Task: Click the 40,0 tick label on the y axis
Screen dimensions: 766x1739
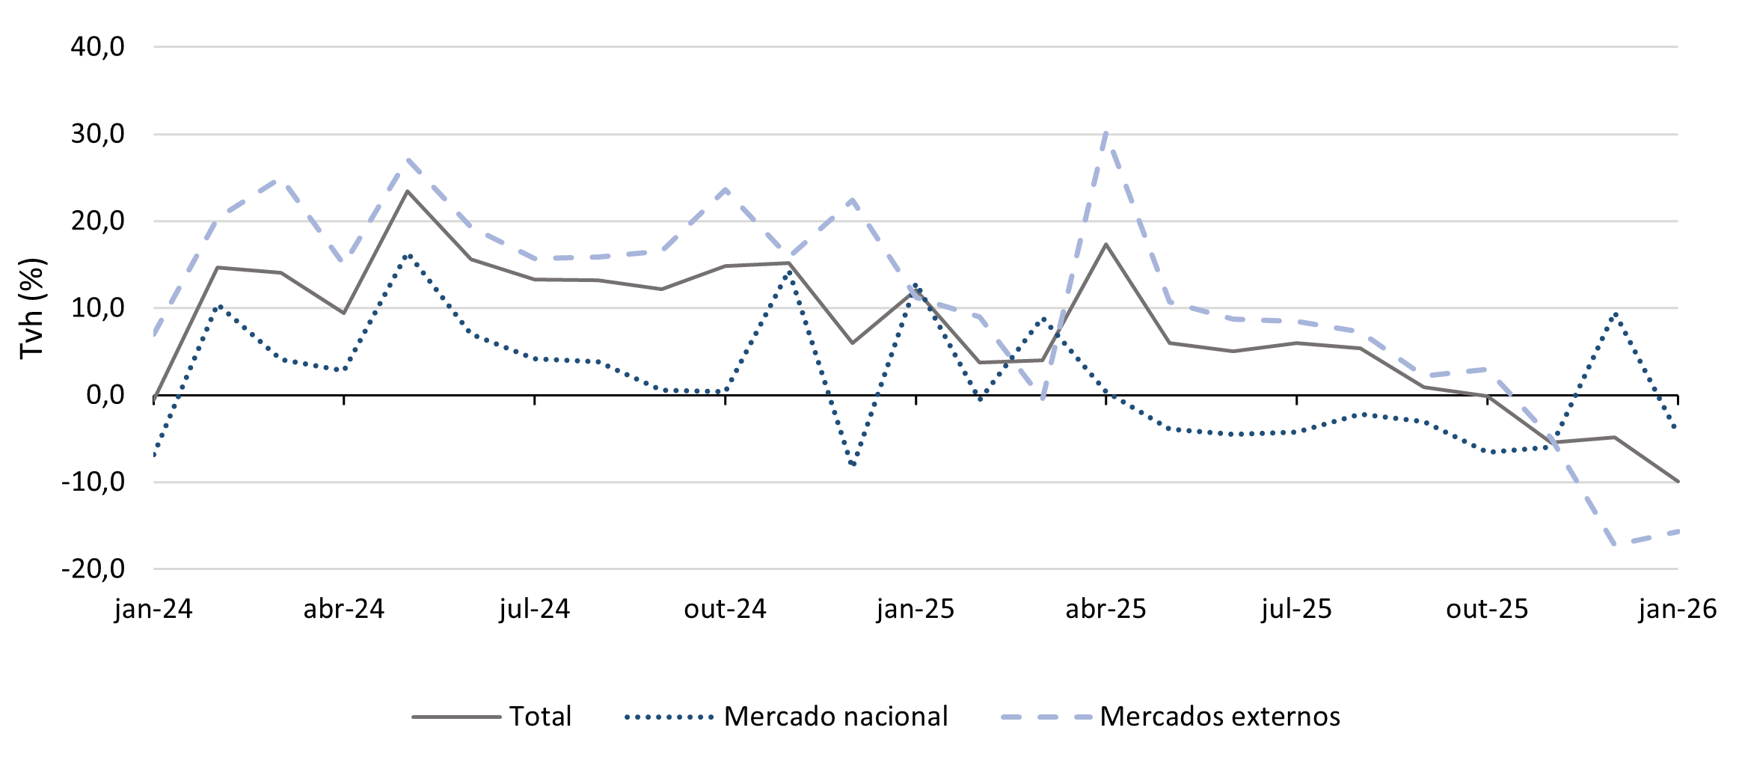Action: coord(97,47)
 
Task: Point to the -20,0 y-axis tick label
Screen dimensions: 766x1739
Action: coord(93,569)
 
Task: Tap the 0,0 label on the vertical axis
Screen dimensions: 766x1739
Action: coord(105,395)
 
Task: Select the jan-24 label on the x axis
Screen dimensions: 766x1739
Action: coord(153,609)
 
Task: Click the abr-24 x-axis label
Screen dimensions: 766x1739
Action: coord(343,609)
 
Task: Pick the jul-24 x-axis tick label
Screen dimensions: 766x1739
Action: coord(534,609)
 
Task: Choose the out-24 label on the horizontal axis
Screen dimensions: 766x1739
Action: coord(725,609)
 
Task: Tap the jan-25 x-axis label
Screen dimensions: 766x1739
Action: coord(915,609)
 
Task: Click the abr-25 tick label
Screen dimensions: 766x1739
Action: coord(1105,609)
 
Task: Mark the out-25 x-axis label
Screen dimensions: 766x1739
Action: coord(1487,609)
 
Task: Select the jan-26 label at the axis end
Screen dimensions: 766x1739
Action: coord(1677,609)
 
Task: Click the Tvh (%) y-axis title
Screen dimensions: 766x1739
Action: coord(33,308)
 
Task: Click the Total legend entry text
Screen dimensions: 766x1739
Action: coord(540,717)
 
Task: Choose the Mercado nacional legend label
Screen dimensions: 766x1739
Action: coord(835,717)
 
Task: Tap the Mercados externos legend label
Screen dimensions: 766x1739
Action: coord(1219,717)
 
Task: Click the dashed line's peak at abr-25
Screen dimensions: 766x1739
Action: coord(1106,133)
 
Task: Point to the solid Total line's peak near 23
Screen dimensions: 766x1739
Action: coord(408,191)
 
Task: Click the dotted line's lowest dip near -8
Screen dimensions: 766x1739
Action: coord(853,465)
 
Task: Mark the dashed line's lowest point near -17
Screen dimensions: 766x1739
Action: coord(1615,544)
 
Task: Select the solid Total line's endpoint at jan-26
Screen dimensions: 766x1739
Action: coord(1677,481)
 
